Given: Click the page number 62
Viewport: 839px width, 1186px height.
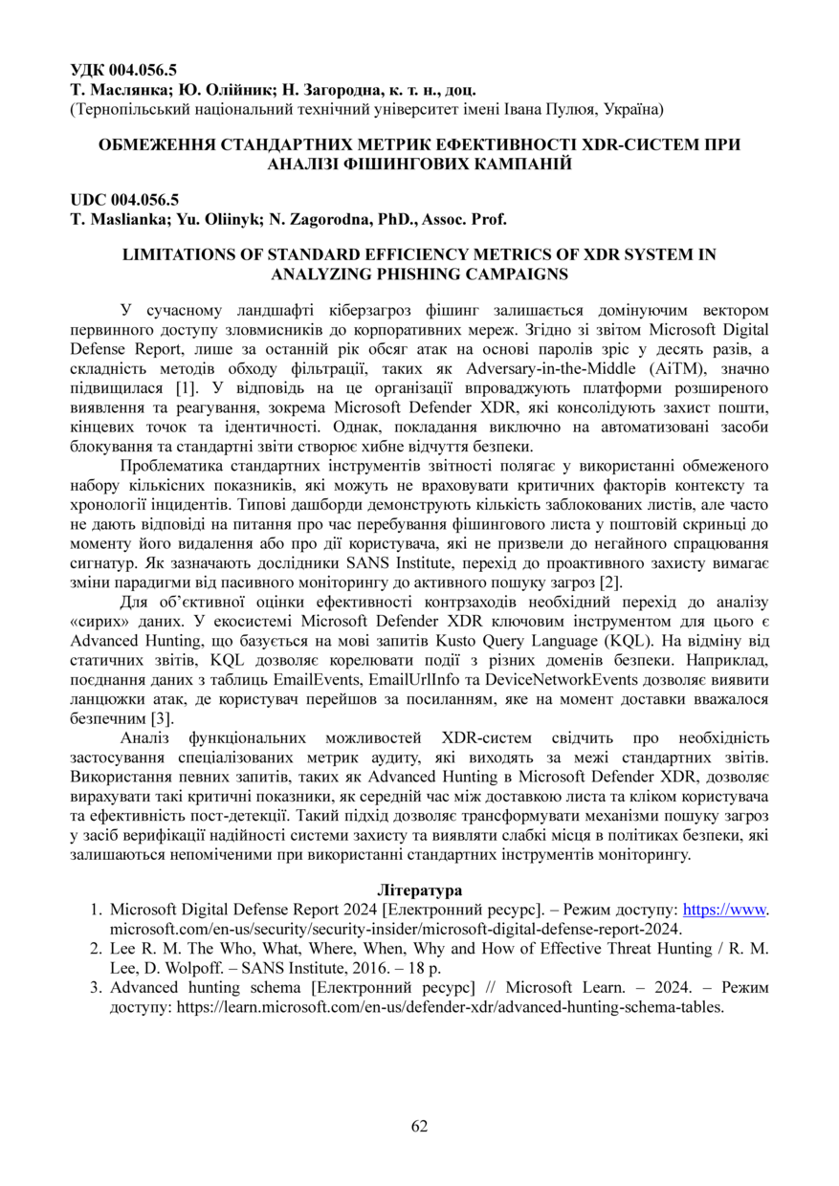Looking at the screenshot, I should [x=419, y=1126].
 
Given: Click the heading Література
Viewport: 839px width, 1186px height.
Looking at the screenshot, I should [x=419, y=890].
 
